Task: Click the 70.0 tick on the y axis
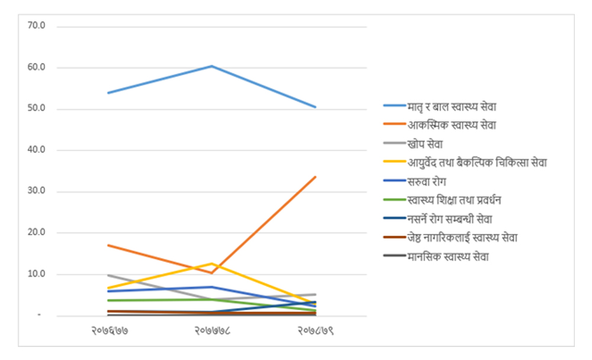(x=45, y=27)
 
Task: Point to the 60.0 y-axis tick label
(x=45, y=67)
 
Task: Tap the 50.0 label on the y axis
(x=45, y=109)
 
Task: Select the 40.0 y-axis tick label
(x=45, y=150)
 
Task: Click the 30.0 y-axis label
(x=45, y=192)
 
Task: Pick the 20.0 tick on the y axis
(x=45, y=233)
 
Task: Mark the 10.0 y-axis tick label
(x=45, y=274)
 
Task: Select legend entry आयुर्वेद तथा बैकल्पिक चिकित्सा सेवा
(x=476, y=163)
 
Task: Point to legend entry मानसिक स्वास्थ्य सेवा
(x=448, y=257)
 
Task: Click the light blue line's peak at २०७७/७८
(x=212, y=66)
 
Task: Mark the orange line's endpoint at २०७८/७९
(x=315, y=176)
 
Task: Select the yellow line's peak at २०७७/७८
(x=212, y=263)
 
